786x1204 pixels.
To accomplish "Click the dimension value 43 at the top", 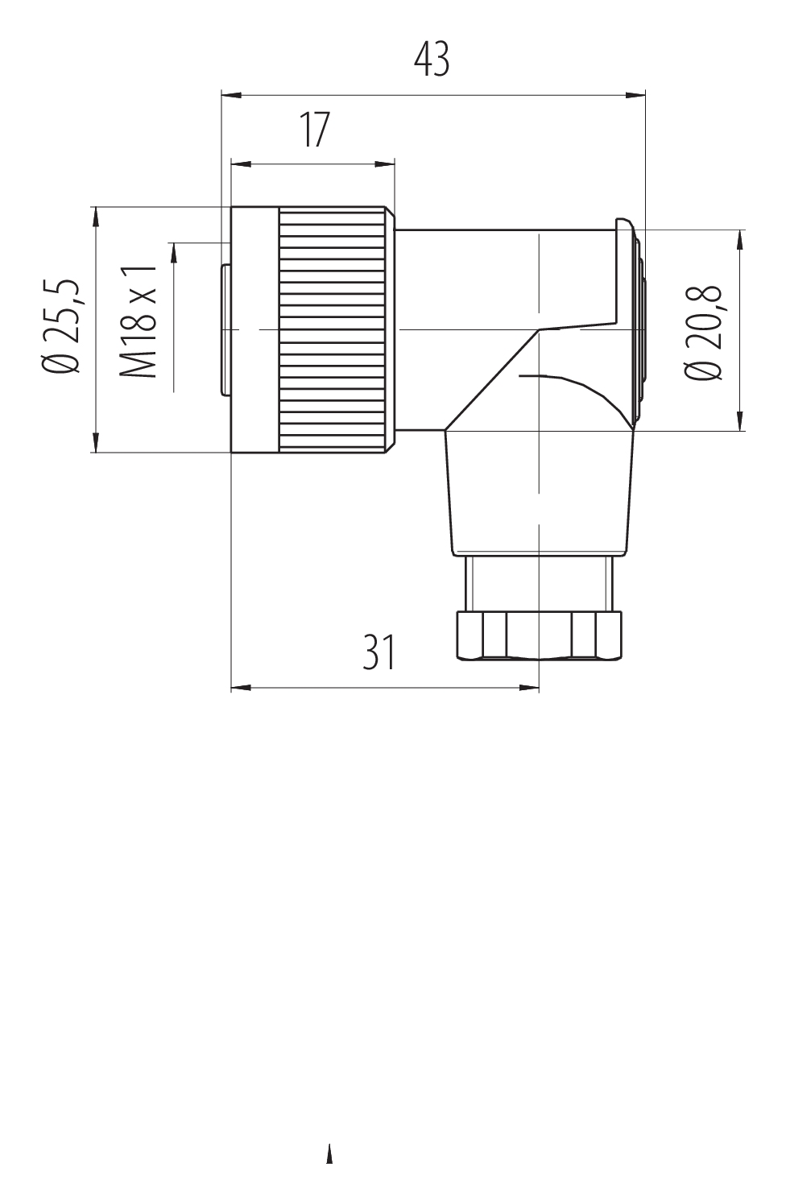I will [x=432, y=60].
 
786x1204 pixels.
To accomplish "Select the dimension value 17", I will [x=315, y=130].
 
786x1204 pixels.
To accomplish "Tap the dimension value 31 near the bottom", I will [x=379, y=652].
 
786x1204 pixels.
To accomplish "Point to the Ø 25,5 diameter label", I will [x=63, y=326].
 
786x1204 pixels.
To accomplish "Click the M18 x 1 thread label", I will [x=138, y=321].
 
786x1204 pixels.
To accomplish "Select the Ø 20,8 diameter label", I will [x=702, y=333].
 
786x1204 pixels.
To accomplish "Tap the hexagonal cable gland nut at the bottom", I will [x=539, y=635].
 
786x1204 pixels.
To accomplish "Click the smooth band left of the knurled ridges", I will [x=255, y=329].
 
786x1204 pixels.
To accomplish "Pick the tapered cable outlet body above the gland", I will [x=538, y=491].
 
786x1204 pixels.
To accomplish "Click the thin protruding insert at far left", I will [x=225, y=329].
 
